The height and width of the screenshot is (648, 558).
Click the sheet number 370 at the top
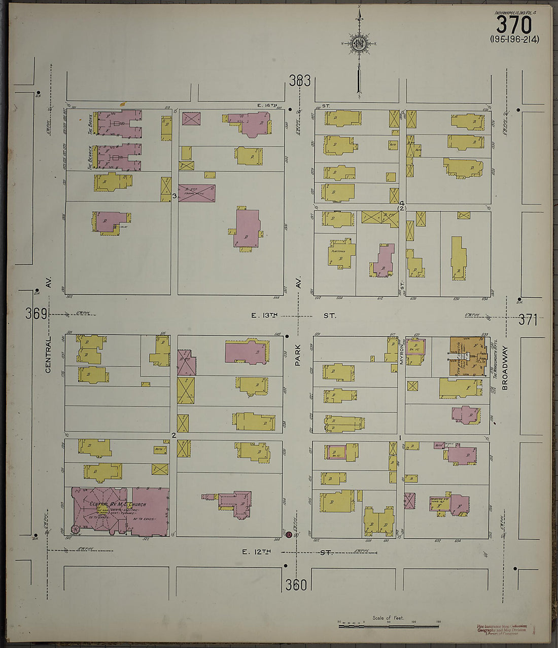(x=514, y=24)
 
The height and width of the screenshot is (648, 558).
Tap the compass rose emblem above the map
(x=359, y=43)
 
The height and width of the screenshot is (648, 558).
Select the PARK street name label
(x=298, y=353)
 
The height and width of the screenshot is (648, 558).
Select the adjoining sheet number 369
(x=37, y=314)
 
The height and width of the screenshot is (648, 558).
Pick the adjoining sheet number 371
(x=528, y=320)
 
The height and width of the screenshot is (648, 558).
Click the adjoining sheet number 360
(x=296, y=585)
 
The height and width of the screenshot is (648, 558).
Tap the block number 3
(x=174, y=196)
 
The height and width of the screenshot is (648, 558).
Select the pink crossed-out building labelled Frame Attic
(x=197, y=193)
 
